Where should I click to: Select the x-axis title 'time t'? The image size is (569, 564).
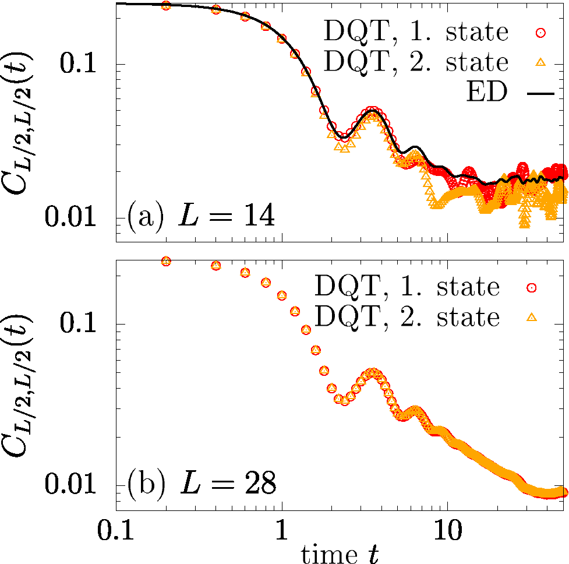coord(338,553)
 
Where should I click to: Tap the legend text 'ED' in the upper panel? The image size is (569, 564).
coord(486,92)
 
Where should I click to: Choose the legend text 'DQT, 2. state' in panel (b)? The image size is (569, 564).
coord(407,316)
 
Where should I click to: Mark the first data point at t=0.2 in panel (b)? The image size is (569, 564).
coord(166,261)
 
